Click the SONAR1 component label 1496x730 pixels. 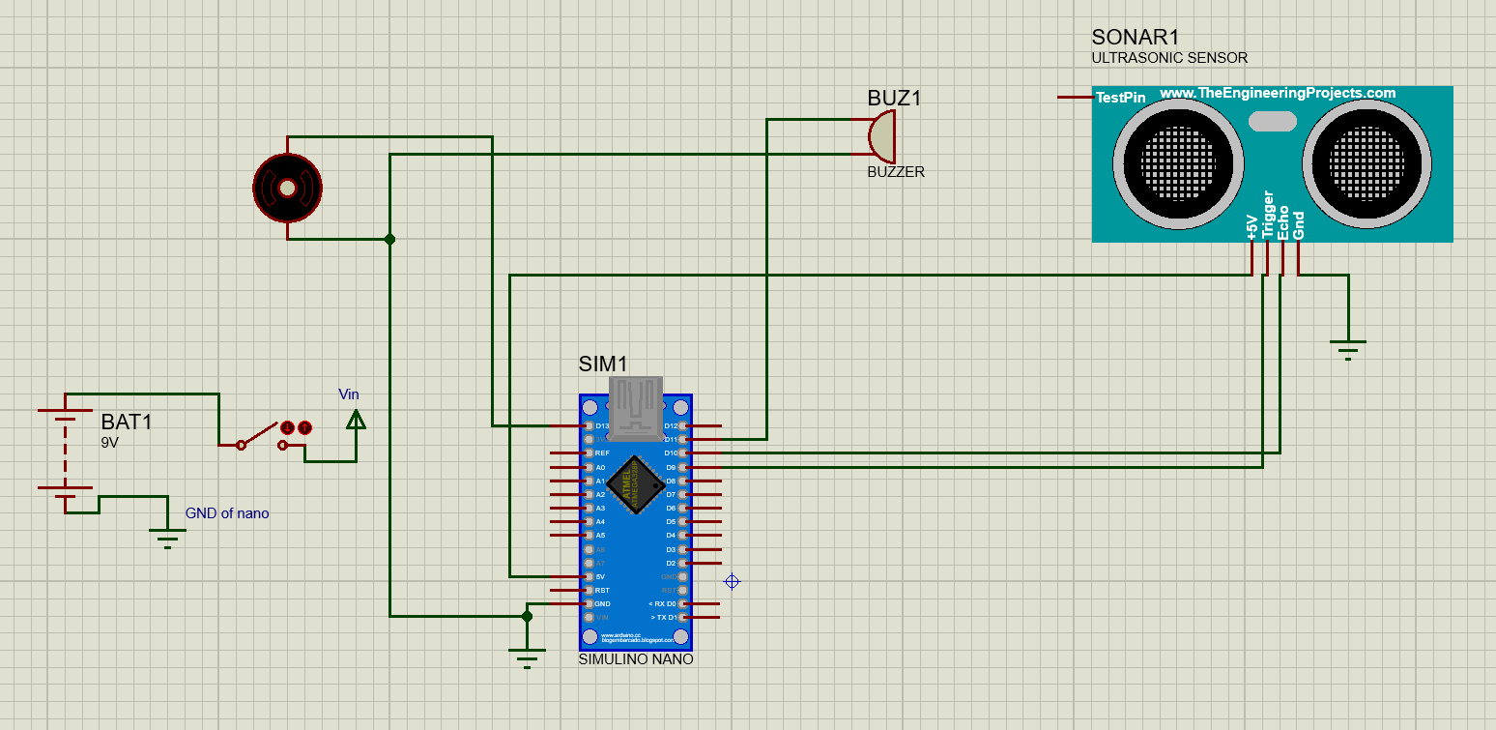pos(1135,38)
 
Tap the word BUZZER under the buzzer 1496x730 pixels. pos(895,172)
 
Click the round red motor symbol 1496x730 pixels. pos(287,189)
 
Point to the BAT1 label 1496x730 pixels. pos(127,423)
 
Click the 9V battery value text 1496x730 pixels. pos(109,442)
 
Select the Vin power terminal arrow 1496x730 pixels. pos(355,420)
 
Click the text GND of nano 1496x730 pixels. pos(227,513)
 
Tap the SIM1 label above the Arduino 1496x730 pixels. pos(603,365)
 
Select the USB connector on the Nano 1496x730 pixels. pos(635,406)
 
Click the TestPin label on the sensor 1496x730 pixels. pos(1120,98)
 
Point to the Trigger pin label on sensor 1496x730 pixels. pos(1268,215)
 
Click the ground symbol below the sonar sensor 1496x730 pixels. pos(1347,347)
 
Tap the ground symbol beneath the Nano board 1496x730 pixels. pos(527,659)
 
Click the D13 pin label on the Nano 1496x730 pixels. pos(602,425)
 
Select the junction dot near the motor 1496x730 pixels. pos(389,239)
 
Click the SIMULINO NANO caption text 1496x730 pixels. pos(635,659)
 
